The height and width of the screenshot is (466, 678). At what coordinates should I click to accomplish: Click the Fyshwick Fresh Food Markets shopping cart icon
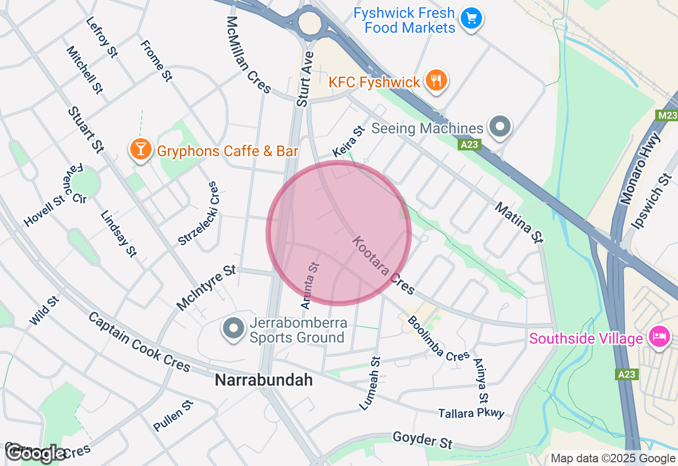[471, 19]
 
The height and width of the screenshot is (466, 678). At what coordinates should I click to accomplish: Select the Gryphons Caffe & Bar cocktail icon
[140, 149]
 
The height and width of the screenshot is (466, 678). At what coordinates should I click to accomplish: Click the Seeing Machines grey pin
[499, 127]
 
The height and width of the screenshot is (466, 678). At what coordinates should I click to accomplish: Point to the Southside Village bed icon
[660, 337]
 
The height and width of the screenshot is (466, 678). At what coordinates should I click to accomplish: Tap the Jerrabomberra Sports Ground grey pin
[233, 328]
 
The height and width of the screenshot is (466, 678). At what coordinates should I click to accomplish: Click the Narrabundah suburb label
[263, 380]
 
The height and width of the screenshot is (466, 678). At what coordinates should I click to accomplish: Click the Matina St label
[519, 222]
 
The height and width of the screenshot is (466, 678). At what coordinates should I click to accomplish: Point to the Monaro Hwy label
[641, 168]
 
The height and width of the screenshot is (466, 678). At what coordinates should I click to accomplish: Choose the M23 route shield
[667, 115]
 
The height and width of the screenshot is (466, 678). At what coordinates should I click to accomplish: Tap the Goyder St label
[422, 440]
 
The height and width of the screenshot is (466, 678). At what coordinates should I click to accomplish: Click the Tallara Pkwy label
[471, 413]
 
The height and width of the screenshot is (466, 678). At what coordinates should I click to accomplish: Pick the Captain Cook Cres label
[139, 342]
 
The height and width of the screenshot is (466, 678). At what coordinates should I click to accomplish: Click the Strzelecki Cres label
[198, 214]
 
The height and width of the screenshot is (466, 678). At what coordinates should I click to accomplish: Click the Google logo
[36, 453]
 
